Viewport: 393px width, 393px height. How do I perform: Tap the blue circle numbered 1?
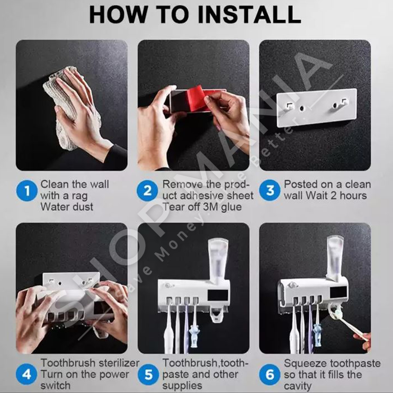27,190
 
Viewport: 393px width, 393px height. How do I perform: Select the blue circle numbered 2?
147,190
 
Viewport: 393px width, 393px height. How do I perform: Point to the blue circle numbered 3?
270,190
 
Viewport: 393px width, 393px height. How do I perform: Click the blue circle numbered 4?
27,374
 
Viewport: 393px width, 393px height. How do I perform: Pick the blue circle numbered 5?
148,374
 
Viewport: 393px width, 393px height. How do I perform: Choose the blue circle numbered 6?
270,374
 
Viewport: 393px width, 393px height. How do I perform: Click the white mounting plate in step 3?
317,107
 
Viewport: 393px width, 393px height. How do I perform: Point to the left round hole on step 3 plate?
302,108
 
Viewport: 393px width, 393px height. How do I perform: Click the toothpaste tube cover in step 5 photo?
218,259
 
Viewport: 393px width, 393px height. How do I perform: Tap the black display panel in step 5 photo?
218,295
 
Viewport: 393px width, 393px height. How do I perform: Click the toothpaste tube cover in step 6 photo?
336,257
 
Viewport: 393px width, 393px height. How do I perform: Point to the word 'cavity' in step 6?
298,386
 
